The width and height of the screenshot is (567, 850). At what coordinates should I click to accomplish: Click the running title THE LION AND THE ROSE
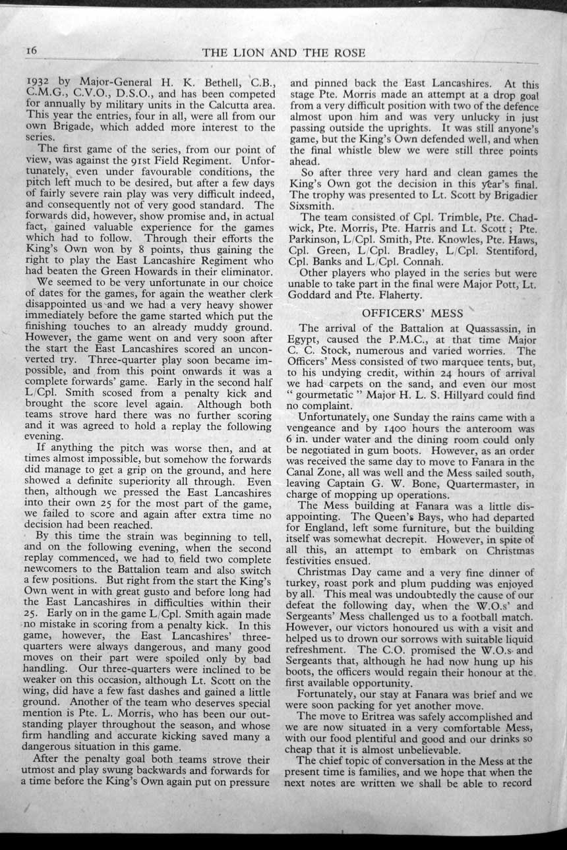[283, 53]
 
